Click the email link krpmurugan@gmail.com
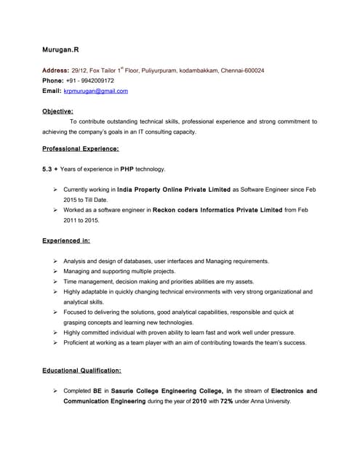click(x=95, y=91)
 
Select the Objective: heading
click(x=57, y=111)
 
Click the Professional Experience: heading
click(x=80, y=149)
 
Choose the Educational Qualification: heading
click(x=81, y=371)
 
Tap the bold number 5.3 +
click(x=50, y=169)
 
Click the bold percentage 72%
click(x=226, y=401)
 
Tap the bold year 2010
click(x=200, y=401)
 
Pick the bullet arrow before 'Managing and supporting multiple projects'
click(x=55, y=271)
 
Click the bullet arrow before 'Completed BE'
click(x=55, y=391)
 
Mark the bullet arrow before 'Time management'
click(x=55, y=281)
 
